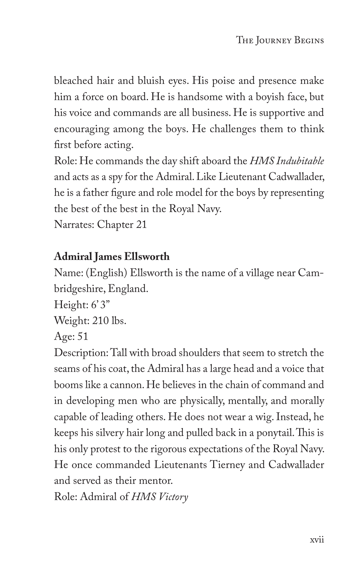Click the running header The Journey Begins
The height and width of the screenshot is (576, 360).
coord(280,40)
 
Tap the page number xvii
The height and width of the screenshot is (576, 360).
coord(317,540)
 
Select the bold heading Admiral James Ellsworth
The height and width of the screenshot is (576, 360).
coord(112,257)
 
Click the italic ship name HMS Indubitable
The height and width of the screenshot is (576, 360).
coord(287,161)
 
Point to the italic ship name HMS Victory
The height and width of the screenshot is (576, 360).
coord(159,497)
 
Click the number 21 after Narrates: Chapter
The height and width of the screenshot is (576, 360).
coord(141,225)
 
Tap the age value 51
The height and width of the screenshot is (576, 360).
coord(83,336)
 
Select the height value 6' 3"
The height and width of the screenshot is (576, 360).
coord(97,305)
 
